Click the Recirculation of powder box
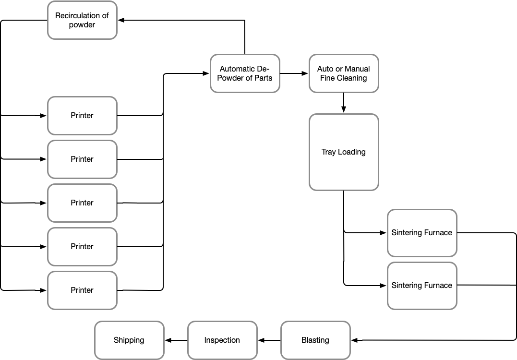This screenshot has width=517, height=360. coord(82,20)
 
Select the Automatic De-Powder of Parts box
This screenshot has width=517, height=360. coord(245,73)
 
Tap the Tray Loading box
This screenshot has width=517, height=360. coord(344,152)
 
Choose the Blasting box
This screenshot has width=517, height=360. coord(315,340)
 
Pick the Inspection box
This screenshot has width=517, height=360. coord(222,340)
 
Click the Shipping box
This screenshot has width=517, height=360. coord(129,340)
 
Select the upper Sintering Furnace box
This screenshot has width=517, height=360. coord(422,233)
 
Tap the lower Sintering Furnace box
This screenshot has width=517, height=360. coord(422,286)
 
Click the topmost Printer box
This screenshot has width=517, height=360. coord(82,116)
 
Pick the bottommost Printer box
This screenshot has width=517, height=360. coord(82,290)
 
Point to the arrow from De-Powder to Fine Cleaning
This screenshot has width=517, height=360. coord(294,73)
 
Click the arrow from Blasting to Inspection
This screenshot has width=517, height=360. coord(269,340)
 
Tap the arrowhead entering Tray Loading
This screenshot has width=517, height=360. coord(344,110)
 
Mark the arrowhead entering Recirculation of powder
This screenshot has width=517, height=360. coord(121,20)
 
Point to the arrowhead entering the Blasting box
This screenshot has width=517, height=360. coord(355,340)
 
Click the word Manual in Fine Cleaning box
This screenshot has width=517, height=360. coord(357,69)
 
